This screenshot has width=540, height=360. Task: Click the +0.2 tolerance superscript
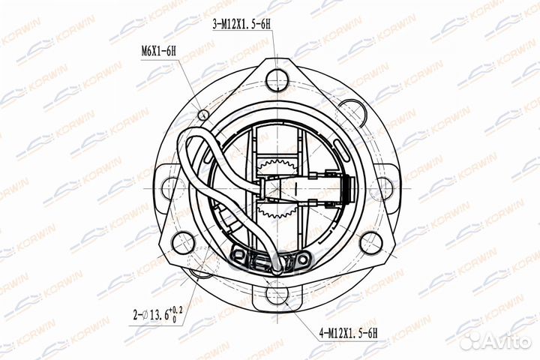point(176,308)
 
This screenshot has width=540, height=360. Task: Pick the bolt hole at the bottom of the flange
point(275,290)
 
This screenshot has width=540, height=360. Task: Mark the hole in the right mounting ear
point(385,174)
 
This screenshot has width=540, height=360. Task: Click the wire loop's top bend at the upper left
point(196,132)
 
